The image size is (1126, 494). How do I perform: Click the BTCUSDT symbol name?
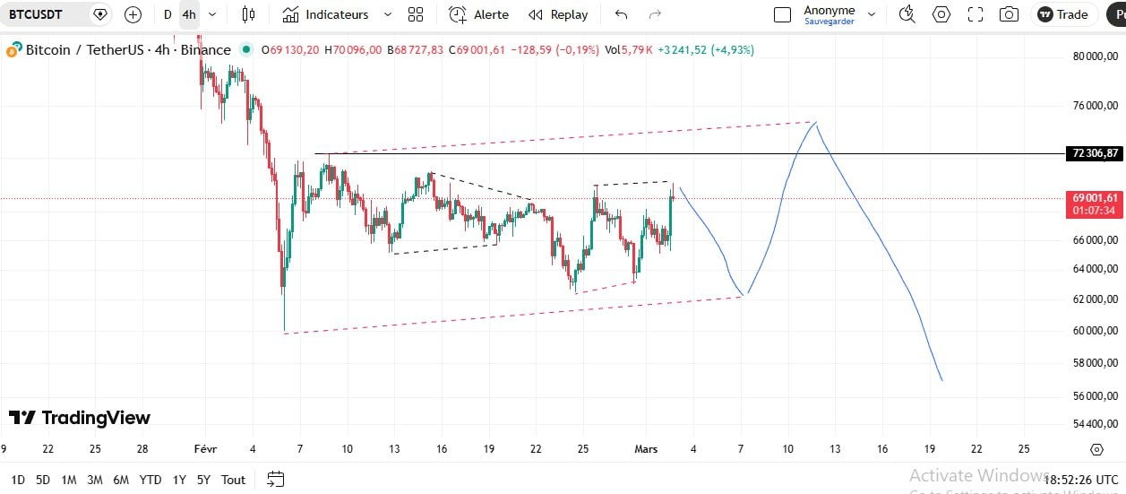(35, 14)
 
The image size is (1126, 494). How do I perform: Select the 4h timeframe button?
(189, 14)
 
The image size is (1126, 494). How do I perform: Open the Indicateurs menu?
(325, 14)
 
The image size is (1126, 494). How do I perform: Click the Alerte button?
(478, 14)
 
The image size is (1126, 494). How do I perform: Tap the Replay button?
(558, 14)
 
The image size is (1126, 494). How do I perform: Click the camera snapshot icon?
(1009, 14)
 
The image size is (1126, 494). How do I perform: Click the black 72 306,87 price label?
(1095, 153)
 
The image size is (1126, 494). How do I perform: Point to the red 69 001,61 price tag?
(1095, 204)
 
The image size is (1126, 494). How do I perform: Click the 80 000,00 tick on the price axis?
(1096, 56)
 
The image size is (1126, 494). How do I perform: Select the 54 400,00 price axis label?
(1096, 423)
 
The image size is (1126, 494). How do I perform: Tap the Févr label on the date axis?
(205, 449)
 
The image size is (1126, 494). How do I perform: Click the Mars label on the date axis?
(646, 449)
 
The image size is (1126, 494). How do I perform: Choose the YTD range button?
(150, 480)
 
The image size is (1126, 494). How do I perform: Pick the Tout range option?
(233, 480)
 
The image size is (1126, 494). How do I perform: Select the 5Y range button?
(203, 480)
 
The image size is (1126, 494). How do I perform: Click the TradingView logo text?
(96, 418)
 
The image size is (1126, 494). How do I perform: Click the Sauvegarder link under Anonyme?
(829, 22)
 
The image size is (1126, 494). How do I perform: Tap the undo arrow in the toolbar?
(622, 14)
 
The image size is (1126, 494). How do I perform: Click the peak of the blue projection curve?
(815, 122)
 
